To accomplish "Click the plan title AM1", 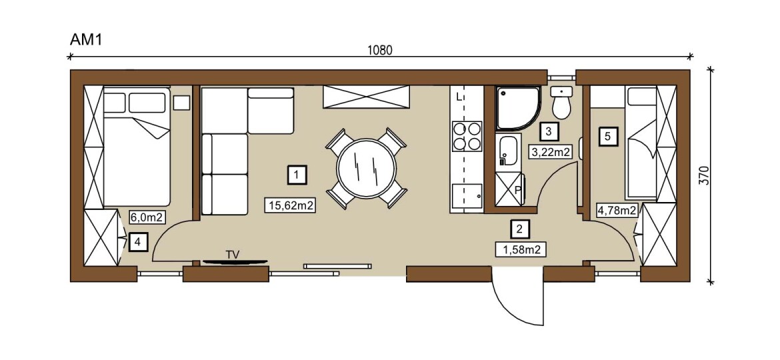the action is pos(85,40).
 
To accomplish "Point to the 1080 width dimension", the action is pos(379,50).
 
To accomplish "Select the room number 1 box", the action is pos(297,175).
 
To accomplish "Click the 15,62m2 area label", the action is pos(291,205).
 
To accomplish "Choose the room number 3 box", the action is pos(548,132).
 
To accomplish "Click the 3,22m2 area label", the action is pos(551,152).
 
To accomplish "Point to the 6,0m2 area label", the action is pos(147,217).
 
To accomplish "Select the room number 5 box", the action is pos(609,135).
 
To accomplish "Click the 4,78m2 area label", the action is pos(617,210).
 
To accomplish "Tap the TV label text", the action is pos(232,255).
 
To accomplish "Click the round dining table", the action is pos(366,168).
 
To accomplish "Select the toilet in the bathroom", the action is pos(562,103).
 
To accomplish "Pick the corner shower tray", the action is pos(517,109).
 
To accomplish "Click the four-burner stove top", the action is pos(467,136).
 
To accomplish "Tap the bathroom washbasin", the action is pos(509,151).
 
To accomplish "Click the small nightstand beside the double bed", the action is pos(181,103).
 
